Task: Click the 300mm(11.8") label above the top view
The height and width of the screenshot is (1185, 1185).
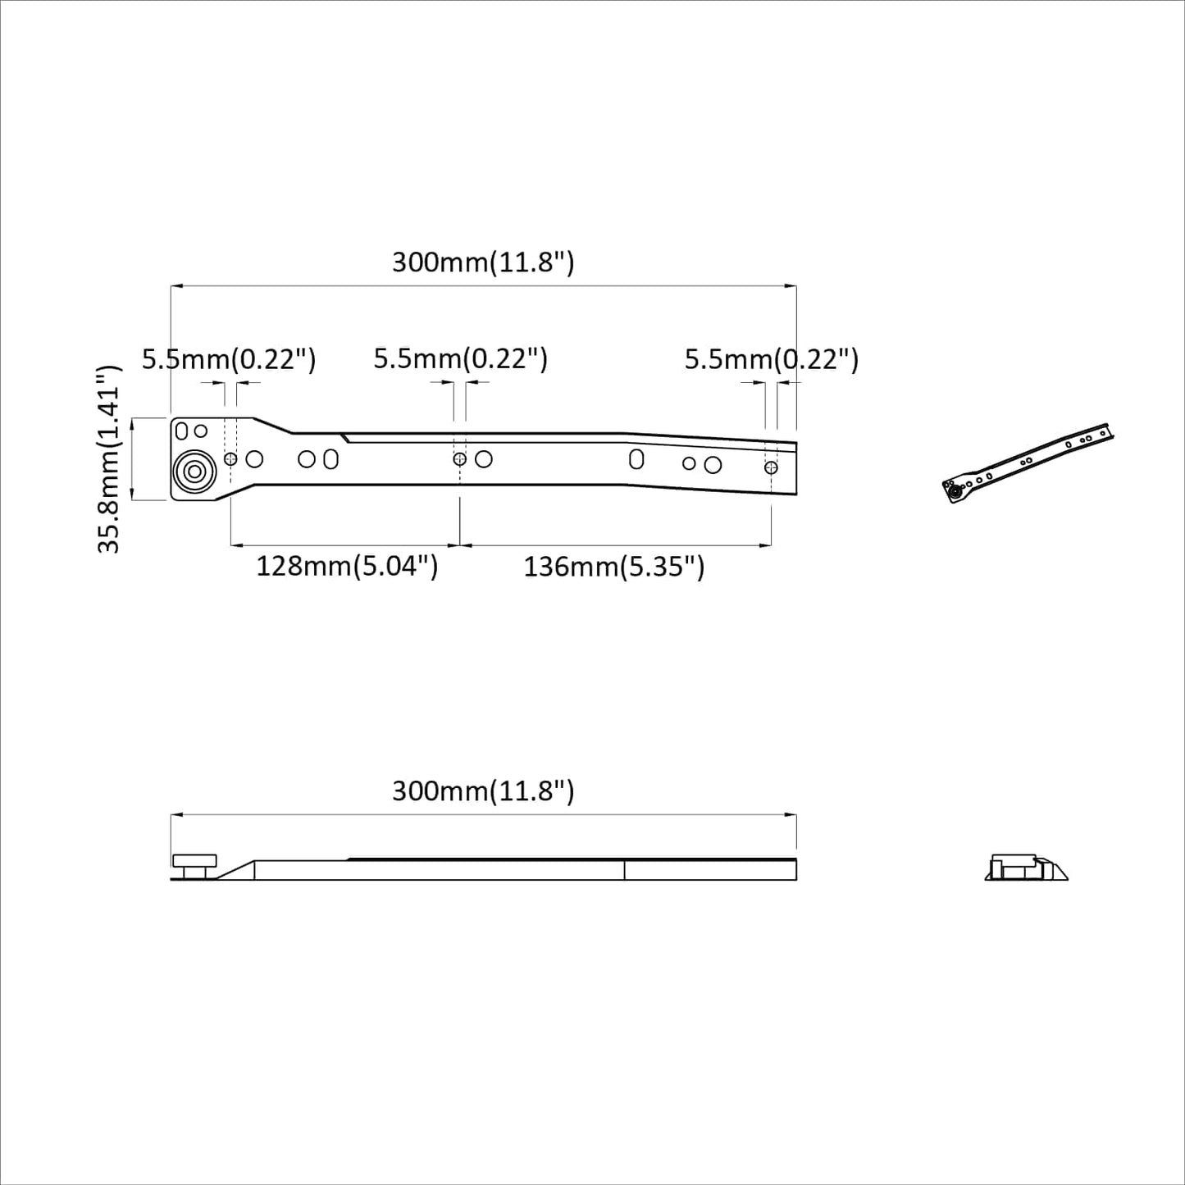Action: click(483, 262)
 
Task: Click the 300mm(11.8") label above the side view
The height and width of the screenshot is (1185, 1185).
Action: click(483, 791)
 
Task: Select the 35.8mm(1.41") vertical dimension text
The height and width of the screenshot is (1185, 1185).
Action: click(109, 459)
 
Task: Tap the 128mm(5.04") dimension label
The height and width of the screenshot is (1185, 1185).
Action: click(347, 567)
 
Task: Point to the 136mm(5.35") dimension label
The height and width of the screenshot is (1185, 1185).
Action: click(614, 567)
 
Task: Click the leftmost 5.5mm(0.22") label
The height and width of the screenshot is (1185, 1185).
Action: click(229, 359)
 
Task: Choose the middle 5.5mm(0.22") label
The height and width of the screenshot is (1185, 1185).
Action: click(460, 359)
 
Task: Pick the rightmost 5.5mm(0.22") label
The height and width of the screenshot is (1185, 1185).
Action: click(772, 359)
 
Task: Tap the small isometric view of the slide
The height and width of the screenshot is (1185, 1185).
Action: click(1030, 463)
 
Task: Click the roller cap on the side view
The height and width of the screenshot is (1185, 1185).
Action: click(194, 861)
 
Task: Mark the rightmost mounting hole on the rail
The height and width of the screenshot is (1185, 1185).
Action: click(771, 467)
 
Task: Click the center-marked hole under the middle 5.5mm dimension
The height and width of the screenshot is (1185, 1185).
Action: click(459, 459)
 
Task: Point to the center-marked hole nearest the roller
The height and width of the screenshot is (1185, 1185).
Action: click(230, 459)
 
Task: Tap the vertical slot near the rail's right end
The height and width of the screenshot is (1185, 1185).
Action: click(636, 458)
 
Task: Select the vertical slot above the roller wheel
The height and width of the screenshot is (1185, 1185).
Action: click(182, 431)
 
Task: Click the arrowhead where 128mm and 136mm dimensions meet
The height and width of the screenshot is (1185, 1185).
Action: click(459, 545)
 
